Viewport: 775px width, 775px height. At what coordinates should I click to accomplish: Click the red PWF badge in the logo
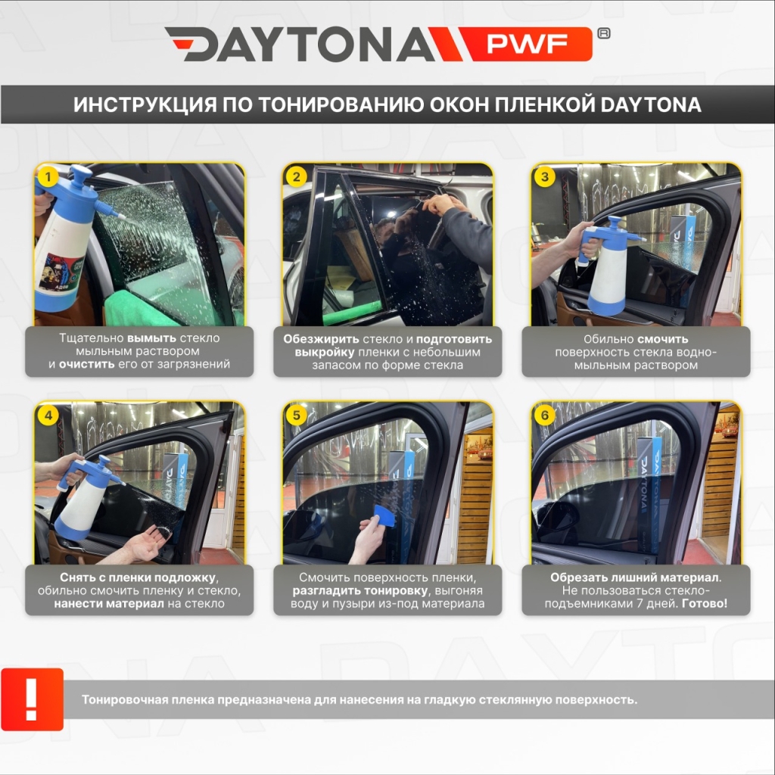click(x=527, y=44)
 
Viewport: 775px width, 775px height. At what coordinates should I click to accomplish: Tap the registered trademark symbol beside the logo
click(x=604, y=33)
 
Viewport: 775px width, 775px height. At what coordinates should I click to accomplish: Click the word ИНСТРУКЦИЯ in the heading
click(x=145, y=104)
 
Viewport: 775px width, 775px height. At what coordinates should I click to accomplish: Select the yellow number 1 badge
click(x=48, y=176)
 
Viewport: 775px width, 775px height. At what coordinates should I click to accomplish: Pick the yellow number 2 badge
click(x=296, y=176)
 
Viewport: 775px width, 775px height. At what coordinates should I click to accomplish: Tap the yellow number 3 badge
click(x=545, y=176)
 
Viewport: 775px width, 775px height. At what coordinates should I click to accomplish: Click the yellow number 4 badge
click(x=48, y=415)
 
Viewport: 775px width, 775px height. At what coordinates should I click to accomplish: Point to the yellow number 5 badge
click(x=296, y=415)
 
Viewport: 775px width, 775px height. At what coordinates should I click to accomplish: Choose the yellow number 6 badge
click(x=545, y=415)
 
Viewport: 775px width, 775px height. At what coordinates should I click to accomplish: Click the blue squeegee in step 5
click(x=384, y=517)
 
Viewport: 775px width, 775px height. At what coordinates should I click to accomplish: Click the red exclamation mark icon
click(x=32, y=699)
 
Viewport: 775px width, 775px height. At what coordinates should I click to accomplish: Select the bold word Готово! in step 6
click(x=705, y=603)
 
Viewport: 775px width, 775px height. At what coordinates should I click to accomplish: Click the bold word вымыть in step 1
click(x=151, y=338)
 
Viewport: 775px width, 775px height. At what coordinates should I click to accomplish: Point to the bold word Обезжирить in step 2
click(x=321, y=340)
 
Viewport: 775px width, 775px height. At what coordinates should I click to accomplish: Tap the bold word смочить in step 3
click(x=662, y=340)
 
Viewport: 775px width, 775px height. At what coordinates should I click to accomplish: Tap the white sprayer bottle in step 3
click(x=606, y=271)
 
